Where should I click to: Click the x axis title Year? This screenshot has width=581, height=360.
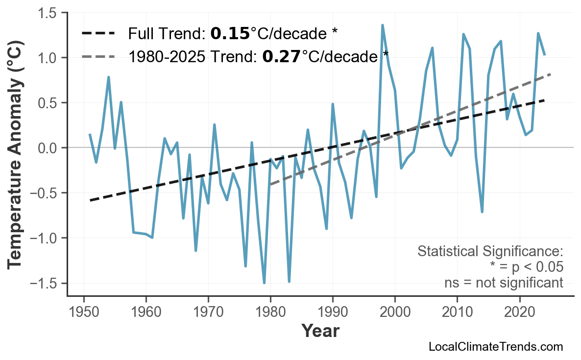(x=320, y=331)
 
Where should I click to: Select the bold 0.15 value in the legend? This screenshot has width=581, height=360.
(x=230, y=34)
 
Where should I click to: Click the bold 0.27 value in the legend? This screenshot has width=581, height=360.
(x=281, y=57)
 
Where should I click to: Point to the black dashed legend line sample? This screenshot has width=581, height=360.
(x=98, y=34)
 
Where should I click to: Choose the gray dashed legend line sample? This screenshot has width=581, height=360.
(x=98, y=57)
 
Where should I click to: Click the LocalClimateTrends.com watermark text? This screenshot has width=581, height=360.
(x=495, y=347)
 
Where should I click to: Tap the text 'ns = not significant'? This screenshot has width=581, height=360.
(x=504, y=283)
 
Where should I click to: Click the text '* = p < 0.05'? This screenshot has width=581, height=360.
(x=527, y=267)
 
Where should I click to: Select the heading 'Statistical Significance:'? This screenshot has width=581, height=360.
(x=490, y=251)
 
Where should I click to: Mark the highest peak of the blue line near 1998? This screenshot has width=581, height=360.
(x=383, y=25)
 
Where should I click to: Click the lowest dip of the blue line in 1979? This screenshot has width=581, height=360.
(x=264, y=283)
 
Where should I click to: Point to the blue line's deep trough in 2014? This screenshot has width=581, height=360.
(x=482, y=212)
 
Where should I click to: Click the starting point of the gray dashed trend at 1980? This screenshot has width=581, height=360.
(x=270, y=184)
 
